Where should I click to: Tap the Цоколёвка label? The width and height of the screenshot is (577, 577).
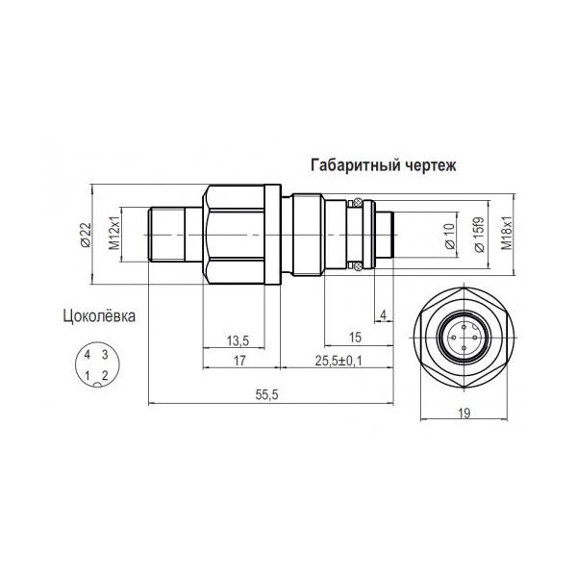coord(99,316)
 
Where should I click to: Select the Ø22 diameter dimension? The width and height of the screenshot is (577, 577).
coord(85,236)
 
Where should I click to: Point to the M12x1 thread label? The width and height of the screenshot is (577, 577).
coord(114,233)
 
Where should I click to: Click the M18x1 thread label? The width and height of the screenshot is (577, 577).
coord(507,233)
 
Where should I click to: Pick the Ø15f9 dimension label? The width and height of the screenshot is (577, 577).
coord(479,235)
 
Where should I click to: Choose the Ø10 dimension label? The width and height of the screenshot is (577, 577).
coord(450,236)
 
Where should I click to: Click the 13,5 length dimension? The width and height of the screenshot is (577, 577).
coord(238,340)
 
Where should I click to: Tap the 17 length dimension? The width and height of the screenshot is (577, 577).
coord(239,361)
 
